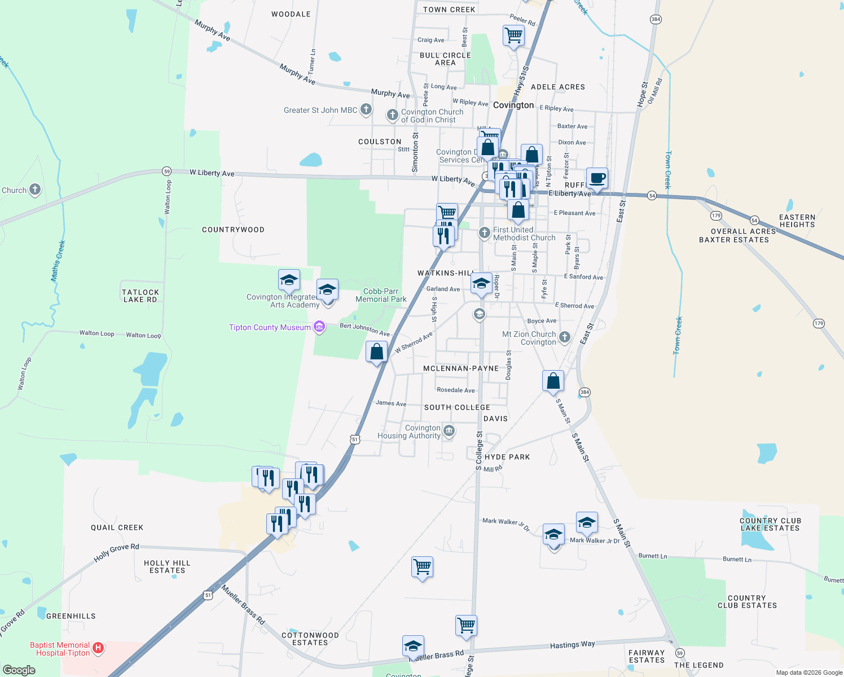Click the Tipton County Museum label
[x=270, y=327]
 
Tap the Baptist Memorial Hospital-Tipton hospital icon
[x=98, y=648]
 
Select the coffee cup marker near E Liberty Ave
[x=597, y=178]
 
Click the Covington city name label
[x=513, y=105]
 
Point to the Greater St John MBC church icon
[x=366, y=109]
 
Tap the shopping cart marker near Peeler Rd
[x=513, y=36]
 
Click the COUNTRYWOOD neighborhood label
[x=233, y=230]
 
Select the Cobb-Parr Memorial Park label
[x=381, y=295]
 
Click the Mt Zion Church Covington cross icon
[x=564, y=337]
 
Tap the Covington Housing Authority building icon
[x=449, y=431]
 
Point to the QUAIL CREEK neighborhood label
[x=117, y=527]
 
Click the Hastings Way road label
[x=572, y=644]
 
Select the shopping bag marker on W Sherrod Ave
[x=377, y=352]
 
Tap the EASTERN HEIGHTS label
[x=797, y=221]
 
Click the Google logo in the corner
[x=19, y=670]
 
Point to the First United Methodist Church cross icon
[x=484, y=232]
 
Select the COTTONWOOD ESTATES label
[x=310, y=639]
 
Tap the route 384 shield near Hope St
[x=656, y=19]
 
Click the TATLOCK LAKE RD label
[x=140, y=296]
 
